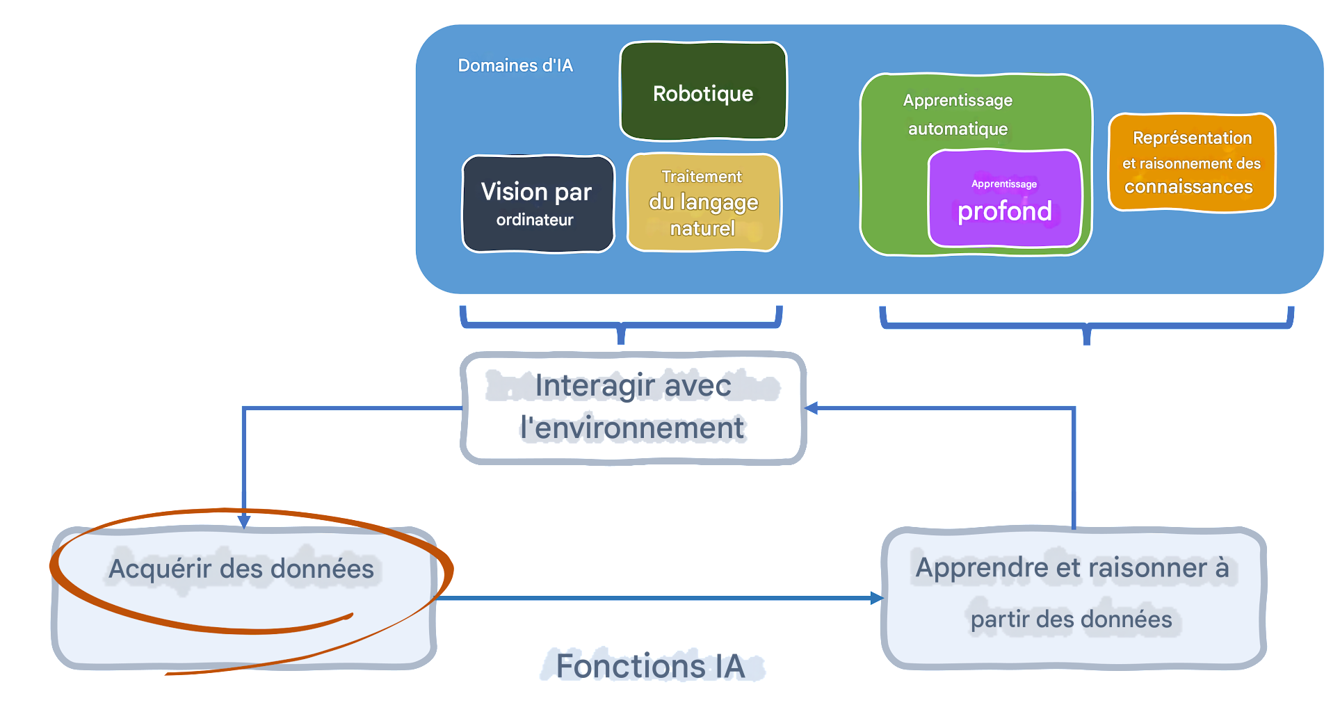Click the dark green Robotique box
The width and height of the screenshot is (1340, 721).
coord(703,92)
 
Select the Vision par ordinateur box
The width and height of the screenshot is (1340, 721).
coord(537,204)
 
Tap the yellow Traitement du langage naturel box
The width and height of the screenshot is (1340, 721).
coord(703,202)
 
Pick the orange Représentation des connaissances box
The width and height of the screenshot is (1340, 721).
coord(1191,162)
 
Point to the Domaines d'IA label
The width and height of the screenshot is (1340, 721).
coord(515,65)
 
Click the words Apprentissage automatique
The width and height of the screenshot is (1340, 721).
coord(958,114)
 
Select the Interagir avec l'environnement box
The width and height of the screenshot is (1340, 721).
coord(633,408)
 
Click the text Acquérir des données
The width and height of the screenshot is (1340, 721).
coord(241,569)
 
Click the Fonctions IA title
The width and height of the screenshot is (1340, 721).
coord(650,666)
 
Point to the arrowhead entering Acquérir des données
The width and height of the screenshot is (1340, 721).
coord(244,521)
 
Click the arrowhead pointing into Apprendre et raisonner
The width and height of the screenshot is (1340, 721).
coord(877,598)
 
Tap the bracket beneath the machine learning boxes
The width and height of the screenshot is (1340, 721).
coord(1087,326)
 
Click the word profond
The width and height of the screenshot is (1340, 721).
coord(1004,211)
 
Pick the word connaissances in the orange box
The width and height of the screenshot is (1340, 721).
coord(1188,186)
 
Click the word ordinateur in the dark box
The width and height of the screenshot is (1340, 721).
coord(535,220)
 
